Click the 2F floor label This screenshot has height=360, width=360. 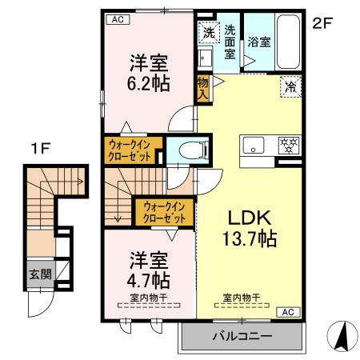point(322,23)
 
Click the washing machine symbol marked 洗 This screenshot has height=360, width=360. point(207,34)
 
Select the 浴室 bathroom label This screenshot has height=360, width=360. point(258,41)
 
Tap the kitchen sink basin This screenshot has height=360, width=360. point(253,146)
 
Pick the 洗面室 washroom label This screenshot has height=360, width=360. point(230,40)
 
